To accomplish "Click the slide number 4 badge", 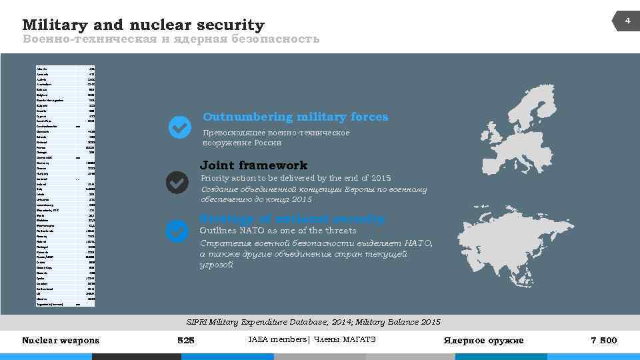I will coord(627,22).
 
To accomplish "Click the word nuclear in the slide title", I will coord(162,25).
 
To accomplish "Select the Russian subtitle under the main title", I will coord(171,39).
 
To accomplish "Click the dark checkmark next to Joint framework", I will coord(177,182).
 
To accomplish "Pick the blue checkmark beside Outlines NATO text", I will coord(177,231).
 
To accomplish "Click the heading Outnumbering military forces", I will coord(295,117).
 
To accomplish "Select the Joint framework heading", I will coord(254,165).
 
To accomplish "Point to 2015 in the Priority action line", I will coord(380,179).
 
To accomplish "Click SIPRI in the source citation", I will coord(197,322).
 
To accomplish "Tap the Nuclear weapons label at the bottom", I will coord(61,341).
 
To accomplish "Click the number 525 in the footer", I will coord(185,341).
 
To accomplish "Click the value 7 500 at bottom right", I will coord(604,341).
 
